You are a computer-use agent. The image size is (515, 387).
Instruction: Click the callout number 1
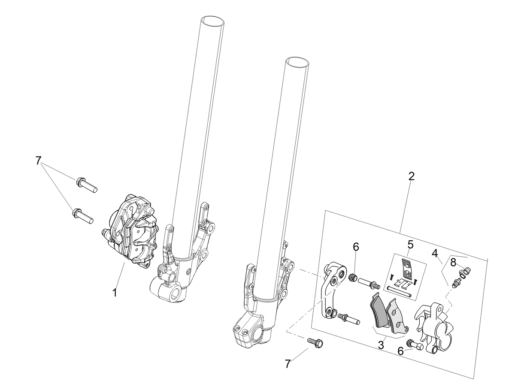pyautogui.click(x=115, y=293)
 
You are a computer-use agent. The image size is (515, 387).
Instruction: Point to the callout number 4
pyautogui.click(x=435, y=253)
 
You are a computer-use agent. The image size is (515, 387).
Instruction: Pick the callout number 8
pyautogui.click(x=453, y=263)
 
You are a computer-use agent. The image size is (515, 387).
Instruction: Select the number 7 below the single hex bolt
pyautogui.click(x=288, y=371)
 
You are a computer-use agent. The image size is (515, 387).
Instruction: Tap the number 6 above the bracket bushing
pyautogui.click(x=356, y=247)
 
